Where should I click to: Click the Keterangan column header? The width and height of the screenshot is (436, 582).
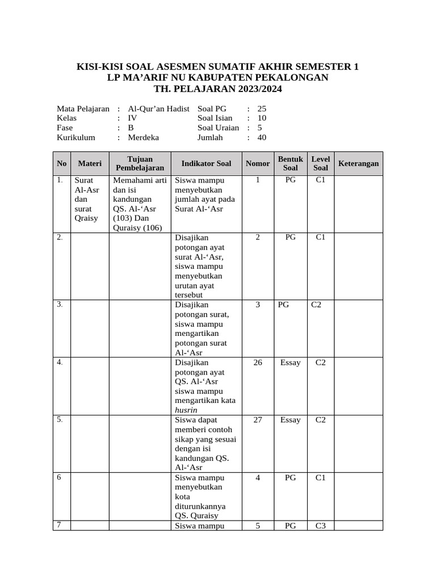(x=358, y=164)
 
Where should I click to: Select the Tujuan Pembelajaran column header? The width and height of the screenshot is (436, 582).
(x=140, y=164)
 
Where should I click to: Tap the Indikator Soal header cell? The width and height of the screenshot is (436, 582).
(x=206, y=164)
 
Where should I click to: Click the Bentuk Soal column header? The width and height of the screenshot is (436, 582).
(x=290, y=164)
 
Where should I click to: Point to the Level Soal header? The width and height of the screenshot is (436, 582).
(x=321, y=164)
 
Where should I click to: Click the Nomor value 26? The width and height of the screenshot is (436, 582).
(x=258, y=363)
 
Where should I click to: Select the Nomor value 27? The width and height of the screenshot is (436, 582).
(x=258, y=420)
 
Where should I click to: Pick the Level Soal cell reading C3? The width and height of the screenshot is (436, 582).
(x=321, y=526)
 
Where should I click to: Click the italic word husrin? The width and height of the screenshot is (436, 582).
(x=187, y=410)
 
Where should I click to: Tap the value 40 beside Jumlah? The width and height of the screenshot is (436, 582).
(x=262, y=138)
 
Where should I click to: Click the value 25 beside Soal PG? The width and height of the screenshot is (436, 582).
(x=262, y=109)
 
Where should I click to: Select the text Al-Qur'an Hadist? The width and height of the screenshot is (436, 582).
(x=158, y=109)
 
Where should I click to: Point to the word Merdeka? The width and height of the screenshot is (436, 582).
(x=144, y=138)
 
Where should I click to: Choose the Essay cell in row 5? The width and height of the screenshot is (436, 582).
(x=290, y=420)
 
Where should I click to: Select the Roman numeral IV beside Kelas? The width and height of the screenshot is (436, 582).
(x=132, y=118)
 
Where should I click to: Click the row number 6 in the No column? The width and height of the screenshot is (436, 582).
(x=58, y=477)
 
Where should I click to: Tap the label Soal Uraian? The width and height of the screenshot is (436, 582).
(x=218, y=128)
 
